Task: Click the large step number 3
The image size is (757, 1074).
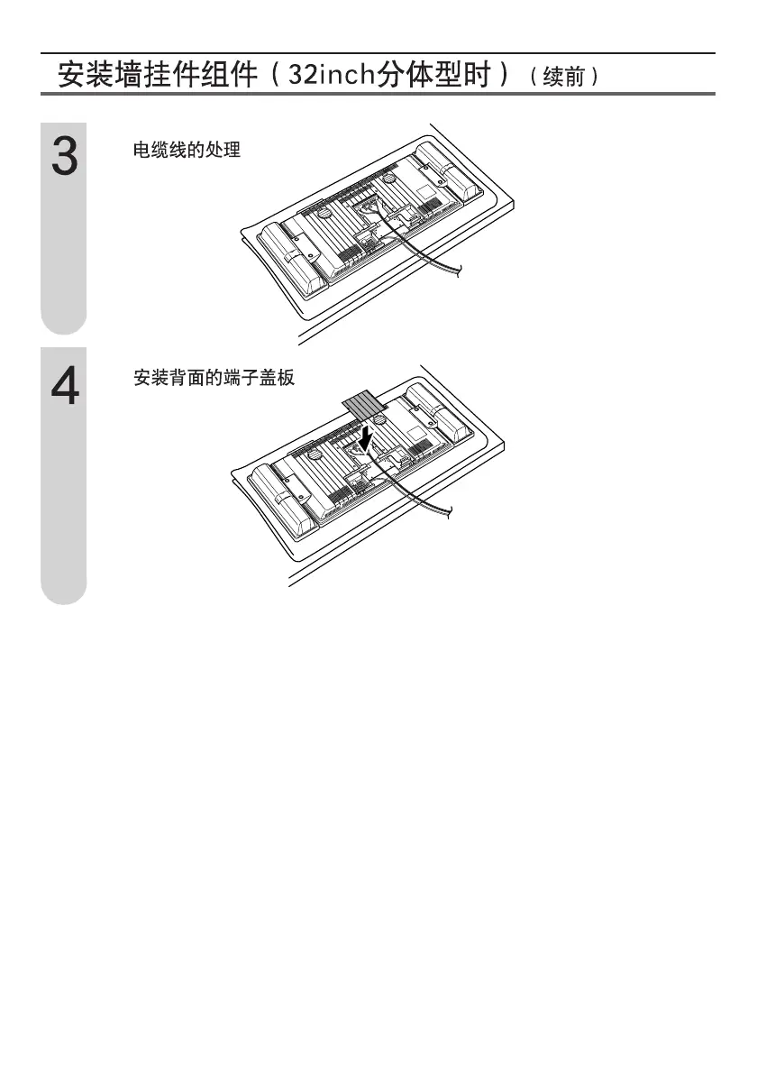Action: coord(63,158)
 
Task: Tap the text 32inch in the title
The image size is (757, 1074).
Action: coord(329,74)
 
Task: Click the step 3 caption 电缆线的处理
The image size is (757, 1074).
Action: coord(187,150)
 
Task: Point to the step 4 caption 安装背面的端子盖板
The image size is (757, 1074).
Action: coord(214,379)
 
